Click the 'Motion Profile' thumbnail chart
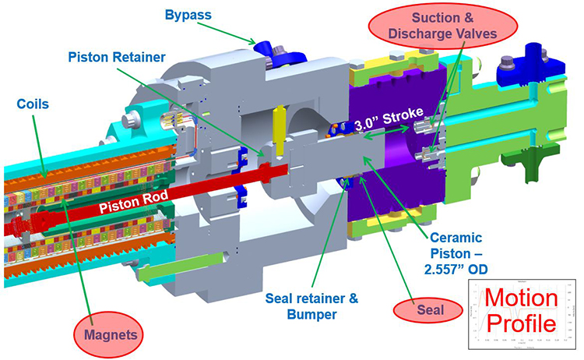click(522, 312)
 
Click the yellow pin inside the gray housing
click(280, 125)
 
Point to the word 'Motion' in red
click(522, 298)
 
